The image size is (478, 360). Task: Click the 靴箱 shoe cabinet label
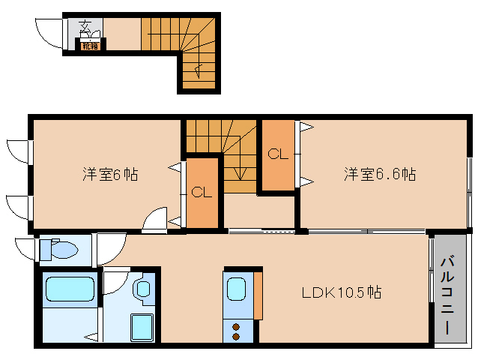click(x=91, y=44)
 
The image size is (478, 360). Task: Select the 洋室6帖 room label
click(x=109, y=175)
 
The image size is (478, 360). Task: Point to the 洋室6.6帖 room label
click(x=380, y=175)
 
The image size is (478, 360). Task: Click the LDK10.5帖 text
click(x=342, y=292)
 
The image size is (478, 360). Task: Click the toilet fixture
click(x=60, y=250)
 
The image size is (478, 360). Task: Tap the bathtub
click(x=68, y=289)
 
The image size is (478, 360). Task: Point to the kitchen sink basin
click(x=236, y=287)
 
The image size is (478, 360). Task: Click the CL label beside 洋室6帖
click(x=201, y=192)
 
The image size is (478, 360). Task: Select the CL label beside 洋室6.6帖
click(x=278, y=154)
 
